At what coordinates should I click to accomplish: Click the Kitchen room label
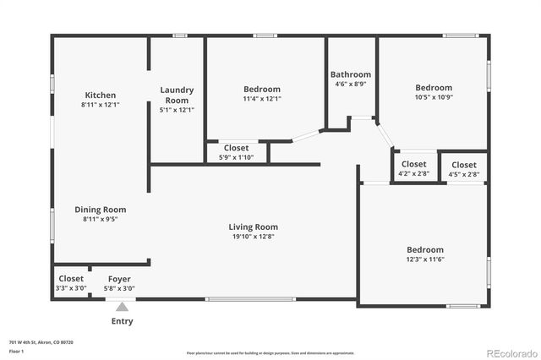tap(100, 95)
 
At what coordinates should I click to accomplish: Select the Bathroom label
tap(351, 74)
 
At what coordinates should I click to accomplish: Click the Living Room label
tap(253, 226)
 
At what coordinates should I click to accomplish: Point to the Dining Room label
tap(100, 210)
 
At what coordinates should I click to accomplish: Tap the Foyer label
tap(119, 279)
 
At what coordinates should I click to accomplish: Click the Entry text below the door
tap(122, 321)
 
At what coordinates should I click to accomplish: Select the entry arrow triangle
tap(122, 308)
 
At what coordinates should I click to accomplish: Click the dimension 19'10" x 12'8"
tap(253, 237)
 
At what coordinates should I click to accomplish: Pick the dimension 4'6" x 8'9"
tap(351, 85)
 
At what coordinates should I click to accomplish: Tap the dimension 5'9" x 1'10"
tap(237, 158)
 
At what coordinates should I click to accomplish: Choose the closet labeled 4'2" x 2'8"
tap(413, 174)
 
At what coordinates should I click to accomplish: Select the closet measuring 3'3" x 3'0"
tap(71, 288)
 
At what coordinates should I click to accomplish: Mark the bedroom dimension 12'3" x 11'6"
tap(424, 260)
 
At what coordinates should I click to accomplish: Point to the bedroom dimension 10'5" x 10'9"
tap(433, 98)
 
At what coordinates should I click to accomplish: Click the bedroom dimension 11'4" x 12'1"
tap(262, 99)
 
